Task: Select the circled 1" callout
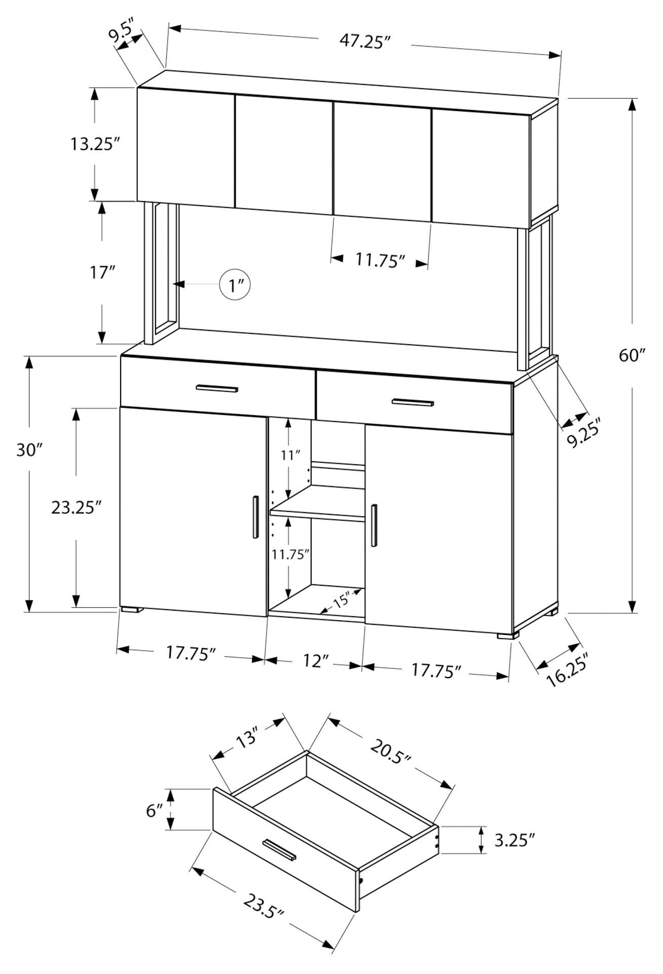coord(236,286)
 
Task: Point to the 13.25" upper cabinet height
coord(94,144)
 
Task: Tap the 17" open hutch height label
coord(101,274)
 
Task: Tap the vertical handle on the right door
coord(374,526)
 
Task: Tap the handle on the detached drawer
coord(279,849)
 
